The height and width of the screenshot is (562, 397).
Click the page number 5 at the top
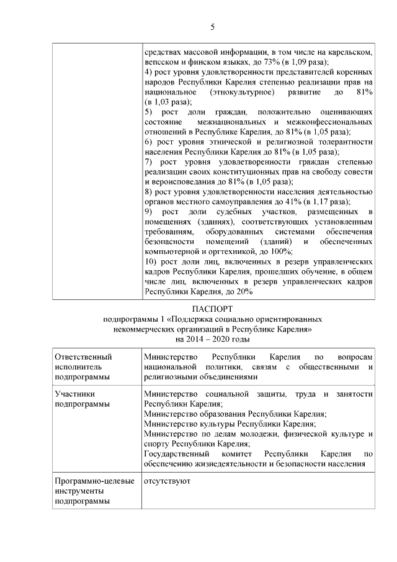coord(212,27)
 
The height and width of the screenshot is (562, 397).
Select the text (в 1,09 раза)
coord(303,62)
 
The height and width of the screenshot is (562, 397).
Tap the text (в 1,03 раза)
coord(167,101)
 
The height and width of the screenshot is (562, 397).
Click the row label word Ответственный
coord(83,357)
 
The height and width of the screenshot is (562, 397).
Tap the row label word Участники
coord(74,394)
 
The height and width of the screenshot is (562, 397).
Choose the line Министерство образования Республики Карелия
coord(235,414)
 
